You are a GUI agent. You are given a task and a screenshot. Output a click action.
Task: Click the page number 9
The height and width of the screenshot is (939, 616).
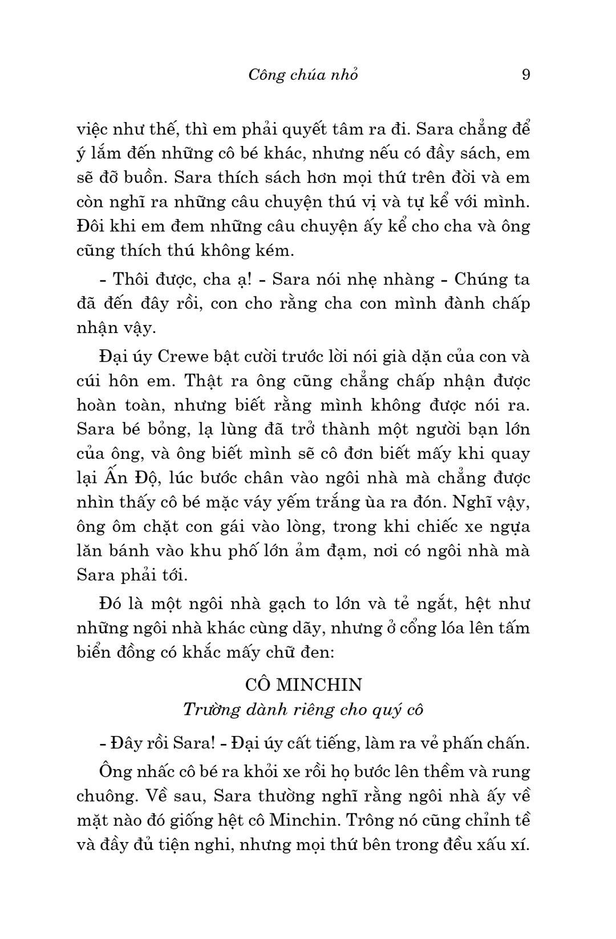tap(526, 75)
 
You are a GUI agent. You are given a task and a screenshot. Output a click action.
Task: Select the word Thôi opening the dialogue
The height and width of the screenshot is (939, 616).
tap(132, 279)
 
